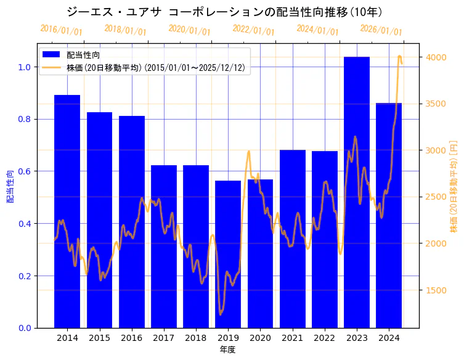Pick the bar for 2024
pos(389,215)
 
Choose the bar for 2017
pos(164,246)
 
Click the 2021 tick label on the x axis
pos(292,338)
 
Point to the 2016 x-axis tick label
pos(132,338)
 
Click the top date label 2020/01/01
pos(189,30)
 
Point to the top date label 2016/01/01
pos(61,30)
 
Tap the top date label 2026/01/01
pos(381,30)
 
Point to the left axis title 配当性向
pos(10,186)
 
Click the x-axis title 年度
pos(228,350)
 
